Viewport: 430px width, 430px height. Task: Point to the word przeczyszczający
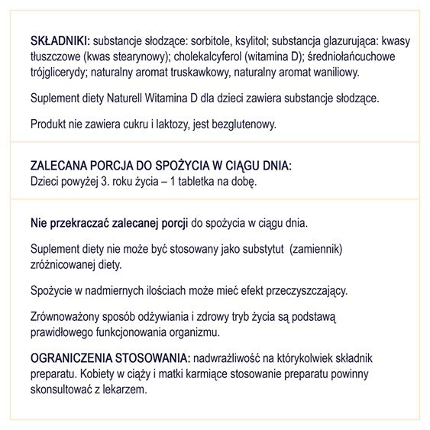pos(304,291)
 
